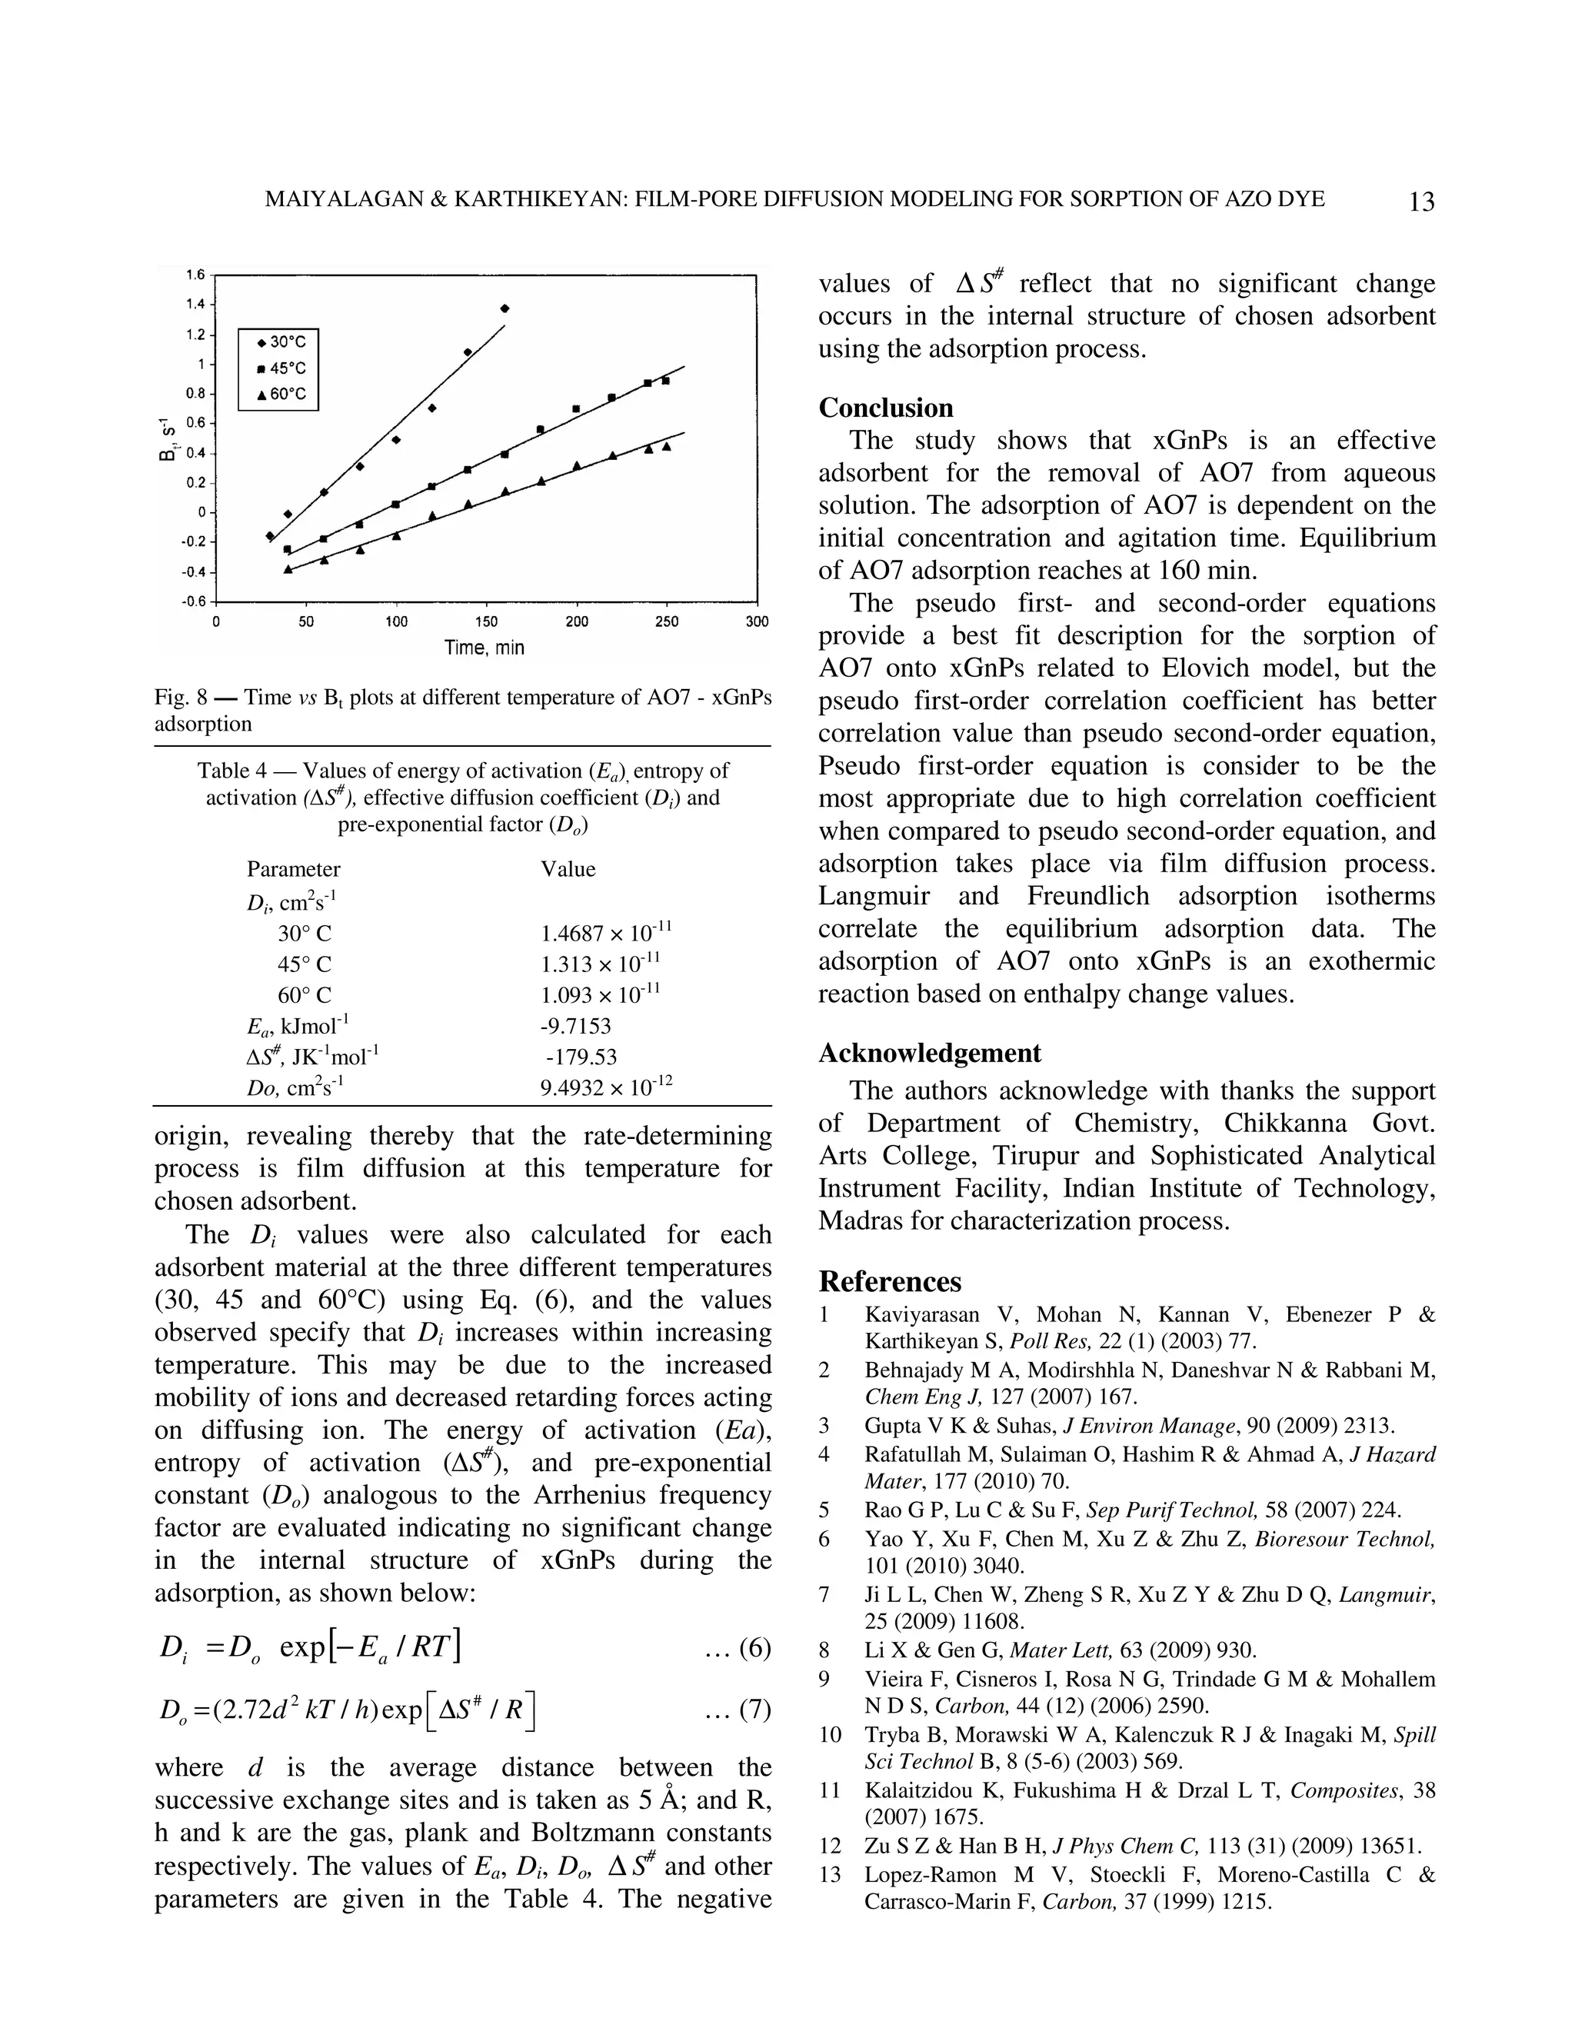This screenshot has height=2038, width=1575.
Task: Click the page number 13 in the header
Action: (1421, 201)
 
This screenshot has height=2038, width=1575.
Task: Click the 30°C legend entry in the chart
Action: (280, 342)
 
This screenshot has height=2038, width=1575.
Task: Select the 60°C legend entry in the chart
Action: (280, 394)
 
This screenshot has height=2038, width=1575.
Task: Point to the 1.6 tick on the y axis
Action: (195, 275)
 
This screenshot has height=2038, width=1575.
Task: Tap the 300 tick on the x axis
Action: (757, 621)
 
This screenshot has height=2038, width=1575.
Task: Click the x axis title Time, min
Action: (484, 647)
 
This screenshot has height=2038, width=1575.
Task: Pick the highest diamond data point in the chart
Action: (504, 308)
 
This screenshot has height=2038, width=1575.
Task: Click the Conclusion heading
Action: (885, 408)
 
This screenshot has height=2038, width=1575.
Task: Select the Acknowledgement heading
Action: (929, 1053)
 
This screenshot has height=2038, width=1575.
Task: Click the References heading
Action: (889, 1281)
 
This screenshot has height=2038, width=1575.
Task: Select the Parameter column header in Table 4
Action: (293, 869)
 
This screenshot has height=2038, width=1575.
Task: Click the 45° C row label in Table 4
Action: (305, 964)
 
